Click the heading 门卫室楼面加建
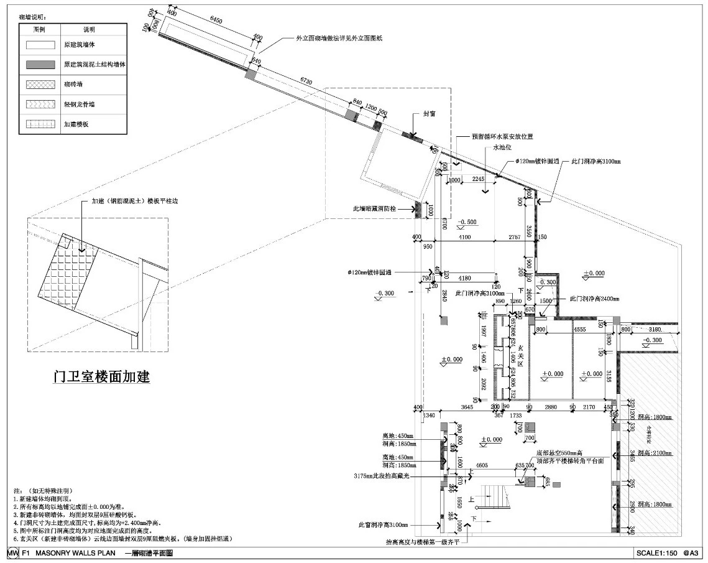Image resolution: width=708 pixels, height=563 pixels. (x=101, y=376)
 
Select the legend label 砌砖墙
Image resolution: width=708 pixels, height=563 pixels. (x=73, y=85)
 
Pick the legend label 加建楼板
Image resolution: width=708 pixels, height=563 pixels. (x=76, y=124)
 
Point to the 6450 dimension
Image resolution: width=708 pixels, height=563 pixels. (x=216, y=21)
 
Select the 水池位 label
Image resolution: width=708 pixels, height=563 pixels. (x=502, y=147)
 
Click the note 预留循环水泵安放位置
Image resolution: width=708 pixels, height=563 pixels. (x=502, y=136)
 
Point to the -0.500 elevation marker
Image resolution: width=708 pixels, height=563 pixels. (x=467, y=222)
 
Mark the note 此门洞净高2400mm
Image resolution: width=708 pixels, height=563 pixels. (x=594, y=299)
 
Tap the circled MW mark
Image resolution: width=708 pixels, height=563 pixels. (x=13, y=552)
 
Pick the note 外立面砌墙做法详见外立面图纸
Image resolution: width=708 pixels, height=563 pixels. (x=339, y=39)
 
